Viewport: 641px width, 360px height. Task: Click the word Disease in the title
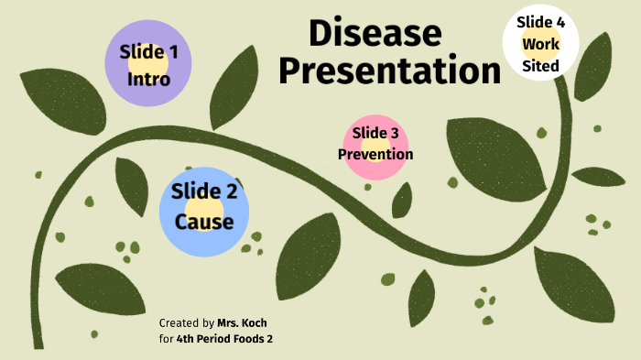click(375, 34)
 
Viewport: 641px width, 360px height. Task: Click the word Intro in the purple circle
click(148, 79)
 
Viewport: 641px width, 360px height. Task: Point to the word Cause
click(204, 222)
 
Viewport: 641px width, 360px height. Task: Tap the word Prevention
click(375, 154)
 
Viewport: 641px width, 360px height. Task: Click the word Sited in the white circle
click(541, 65)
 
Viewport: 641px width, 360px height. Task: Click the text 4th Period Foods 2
click(223, 339)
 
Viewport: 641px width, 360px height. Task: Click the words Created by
click(187, 323)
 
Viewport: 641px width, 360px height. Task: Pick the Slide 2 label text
click(204, 192)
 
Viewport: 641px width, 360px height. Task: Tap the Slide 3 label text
click(375, 134)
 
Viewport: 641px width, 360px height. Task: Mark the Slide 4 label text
click(541, 22)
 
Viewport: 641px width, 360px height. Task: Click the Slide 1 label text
click(148, 53)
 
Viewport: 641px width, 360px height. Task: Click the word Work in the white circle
click(541, 43)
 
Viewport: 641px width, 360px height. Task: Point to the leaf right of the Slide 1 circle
click(235, 87)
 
